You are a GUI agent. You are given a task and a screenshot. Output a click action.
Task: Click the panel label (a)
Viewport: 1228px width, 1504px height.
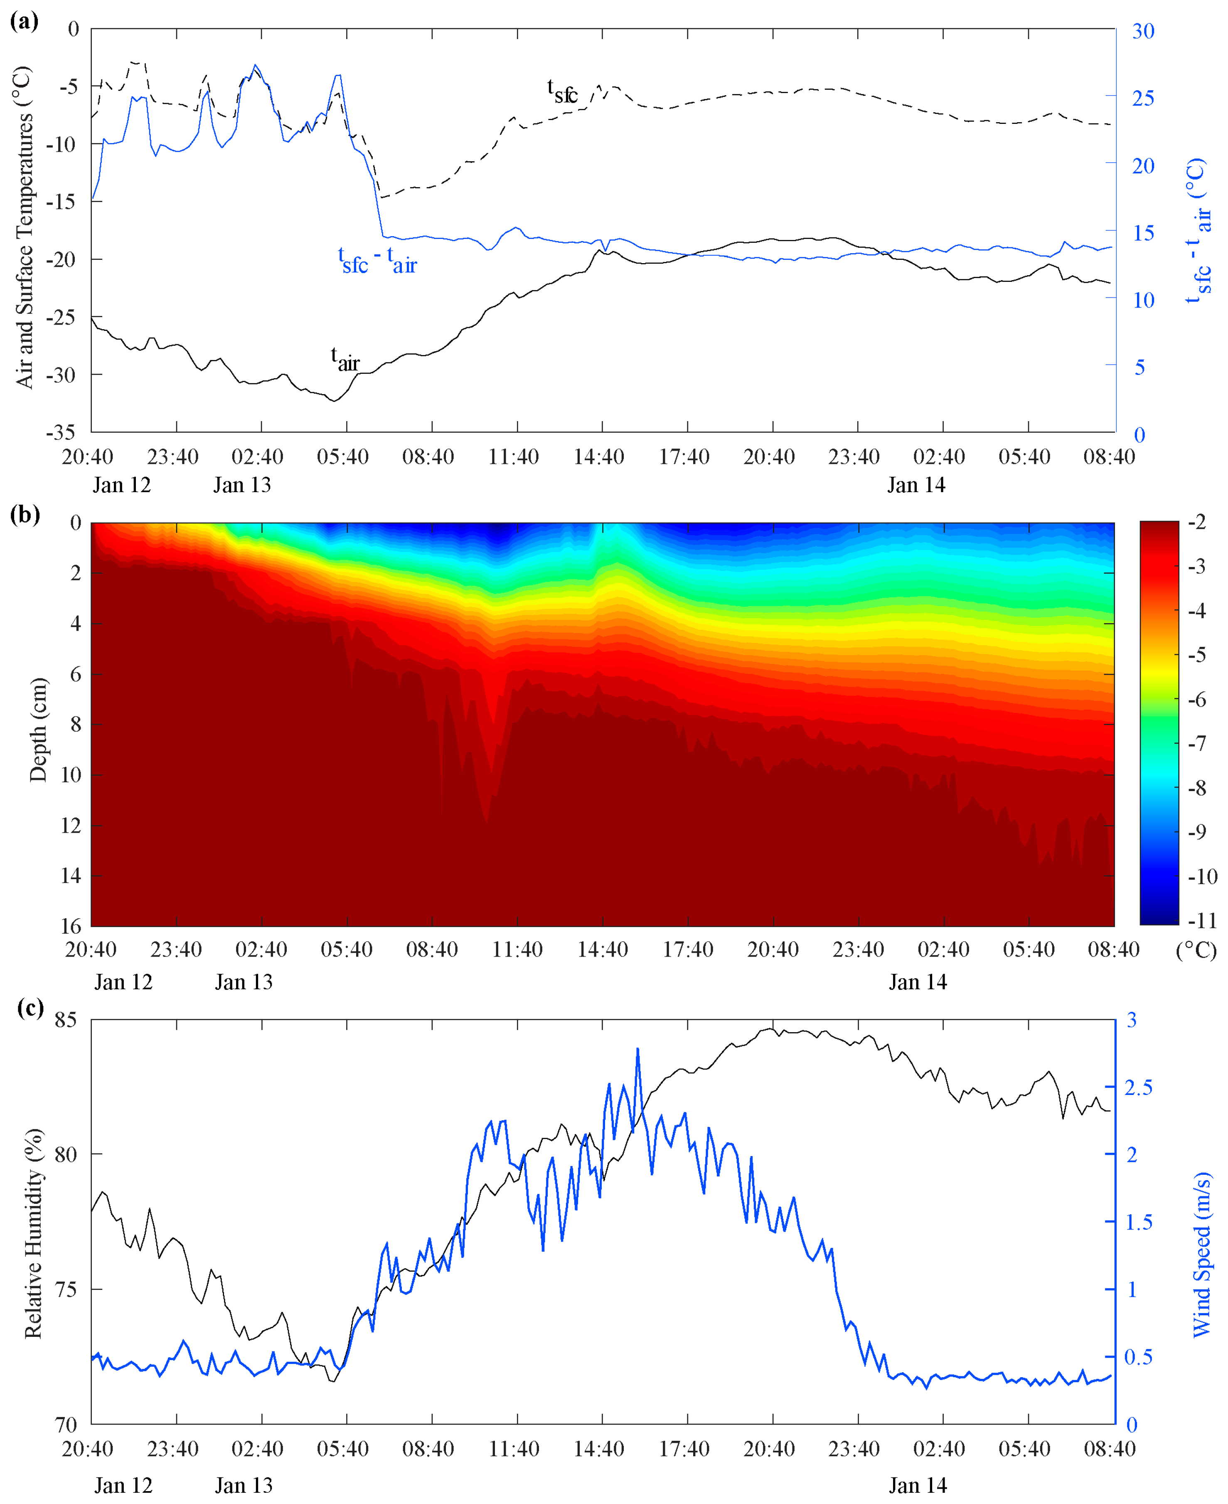(24, 21)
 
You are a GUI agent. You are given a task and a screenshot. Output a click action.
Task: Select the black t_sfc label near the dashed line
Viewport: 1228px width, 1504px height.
(562, 91)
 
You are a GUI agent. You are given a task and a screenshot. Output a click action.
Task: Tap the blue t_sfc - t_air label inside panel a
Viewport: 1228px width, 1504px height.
(377, 260)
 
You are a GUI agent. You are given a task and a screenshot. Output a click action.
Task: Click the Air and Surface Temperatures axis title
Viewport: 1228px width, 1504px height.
(24, 228)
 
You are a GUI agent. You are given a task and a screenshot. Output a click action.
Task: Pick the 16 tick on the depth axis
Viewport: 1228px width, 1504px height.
(71, 925)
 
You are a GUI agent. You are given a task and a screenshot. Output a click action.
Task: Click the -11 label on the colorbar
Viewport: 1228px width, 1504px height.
(1203, 920)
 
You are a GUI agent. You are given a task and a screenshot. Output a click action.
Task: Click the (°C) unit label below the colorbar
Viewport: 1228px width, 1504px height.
(1196, 950)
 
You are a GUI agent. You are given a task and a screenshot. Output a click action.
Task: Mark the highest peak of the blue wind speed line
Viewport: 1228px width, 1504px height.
(637, 1049)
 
